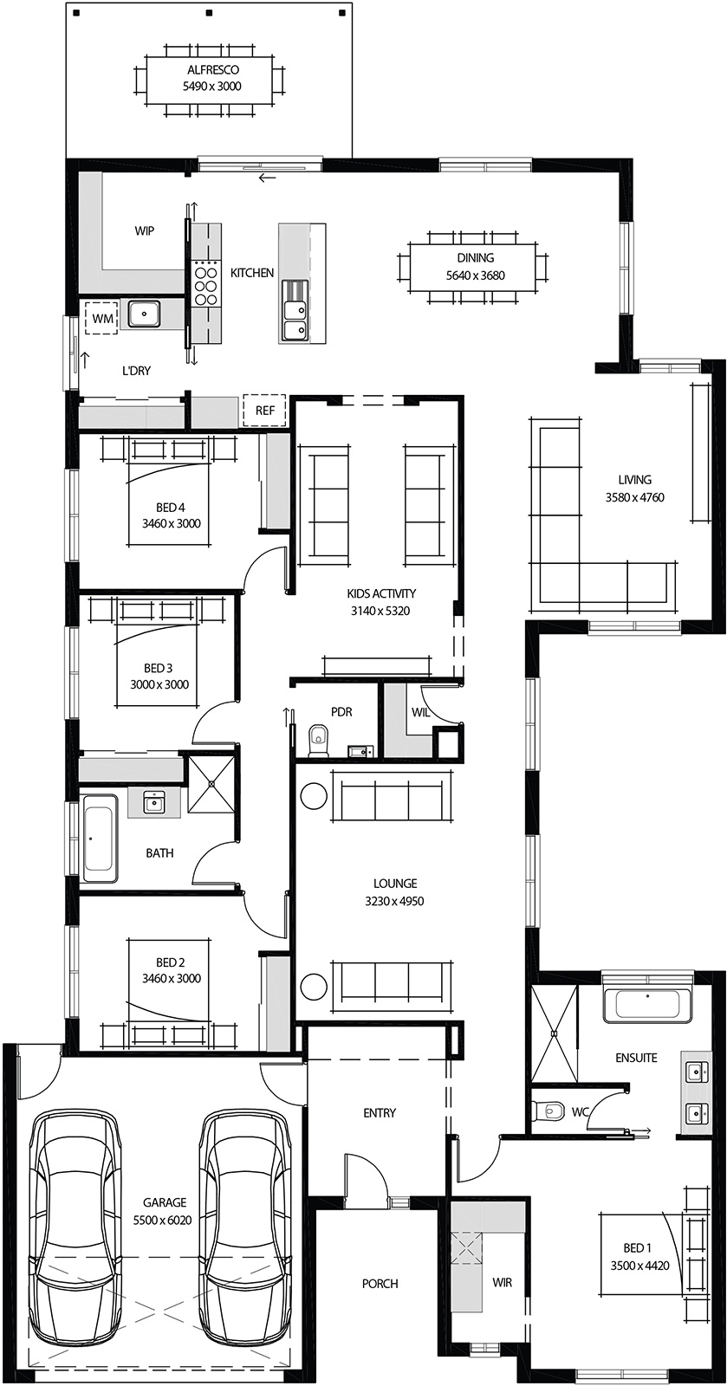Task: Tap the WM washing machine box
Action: click(x=102, y=319)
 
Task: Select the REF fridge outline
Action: click(x=264, y=410)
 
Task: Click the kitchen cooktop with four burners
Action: click(x=206, y=282)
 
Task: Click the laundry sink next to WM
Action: click(x=144, y=314)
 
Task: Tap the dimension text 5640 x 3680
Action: click(x=475, y=275)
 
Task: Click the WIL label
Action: click(x=421, y=712)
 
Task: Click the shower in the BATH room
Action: click(x=211, y=784)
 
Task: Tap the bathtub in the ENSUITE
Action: click(x=646, y=1003)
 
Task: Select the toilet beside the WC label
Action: click(x=548, y=1110)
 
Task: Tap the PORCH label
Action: click(x=380, y=1283)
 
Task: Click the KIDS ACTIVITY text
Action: click(x=381, y=593)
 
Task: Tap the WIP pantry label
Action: click(x=145, y=230)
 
